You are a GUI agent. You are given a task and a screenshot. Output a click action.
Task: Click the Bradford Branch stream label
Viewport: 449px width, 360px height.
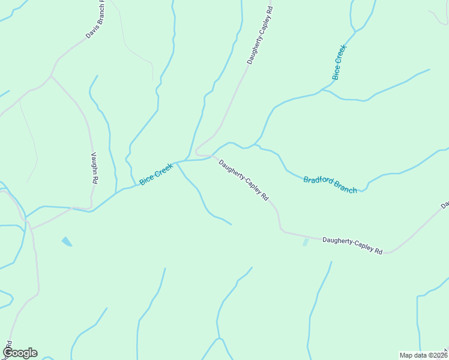[x=330, y=184]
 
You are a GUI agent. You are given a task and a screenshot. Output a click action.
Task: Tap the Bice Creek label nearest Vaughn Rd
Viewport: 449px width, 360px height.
[x=156, y=175]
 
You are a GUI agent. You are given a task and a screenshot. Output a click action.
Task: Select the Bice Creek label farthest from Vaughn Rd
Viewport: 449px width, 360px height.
[x=340, y=62]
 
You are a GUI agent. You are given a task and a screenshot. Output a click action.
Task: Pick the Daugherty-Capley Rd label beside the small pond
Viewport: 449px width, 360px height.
[x=352, y=245]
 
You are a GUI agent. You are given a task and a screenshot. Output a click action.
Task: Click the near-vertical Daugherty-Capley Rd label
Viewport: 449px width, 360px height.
[x=259, y=36]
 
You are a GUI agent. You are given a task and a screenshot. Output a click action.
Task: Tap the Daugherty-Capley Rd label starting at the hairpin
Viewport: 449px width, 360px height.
[x=243, y=179]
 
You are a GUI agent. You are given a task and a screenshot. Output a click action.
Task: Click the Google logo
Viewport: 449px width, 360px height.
[x=20, y=353]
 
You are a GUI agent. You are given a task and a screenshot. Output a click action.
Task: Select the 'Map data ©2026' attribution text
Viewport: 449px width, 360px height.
[x=423, y=355]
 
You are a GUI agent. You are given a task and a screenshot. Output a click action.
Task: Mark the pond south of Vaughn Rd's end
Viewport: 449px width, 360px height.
[x=67, y=242]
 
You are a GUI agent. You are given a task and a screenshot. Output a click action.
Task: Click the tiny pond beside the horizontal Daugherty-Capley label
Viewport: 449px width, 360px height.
[x=306, y=242]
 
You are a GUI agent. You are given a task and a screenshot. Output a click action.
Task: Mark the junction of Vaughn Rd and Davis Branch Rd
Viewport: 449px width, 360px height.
[x=52, y=76]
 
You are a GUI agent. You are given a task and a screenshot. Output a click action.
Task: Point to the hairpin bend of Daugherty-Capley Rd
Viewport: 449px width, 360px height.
[x=196, y=153]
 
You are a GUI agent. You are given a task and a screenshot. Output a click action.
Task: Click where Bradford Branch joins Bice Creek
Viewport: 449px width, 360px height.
[x=259, y=146]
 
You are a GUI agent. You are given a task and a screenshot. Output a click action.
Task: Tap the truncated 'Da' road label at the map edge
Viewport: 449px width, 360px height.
[x=445, y=205]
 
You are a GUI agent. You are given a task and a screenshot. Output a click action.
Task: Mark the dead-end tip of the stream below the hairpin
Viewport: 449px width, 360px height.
[x=231, y=224]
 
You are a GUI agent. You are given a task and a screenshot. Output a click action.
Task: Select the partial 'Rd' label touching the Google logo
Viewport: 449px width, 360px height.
[x=8, y=346]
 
